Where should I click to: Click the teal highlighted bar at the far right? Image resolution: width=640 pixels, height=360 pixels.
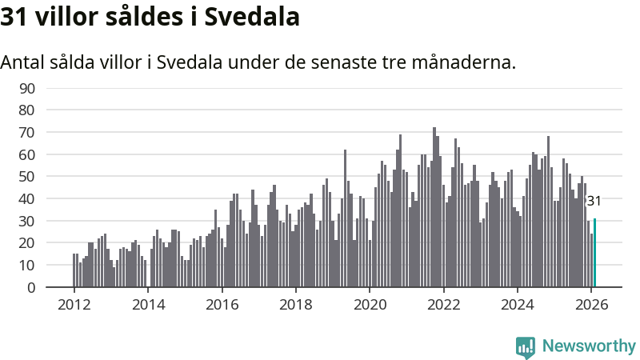coord(594,253)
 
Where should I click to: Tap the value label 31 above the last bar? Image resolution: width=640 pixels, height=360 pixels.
coord(594,202)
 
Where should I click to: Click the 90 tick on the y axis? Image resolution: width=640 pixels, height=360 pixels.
coord(26,88)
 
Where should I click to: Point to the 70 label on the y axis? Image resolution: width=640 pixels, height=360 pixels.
coord(26,132)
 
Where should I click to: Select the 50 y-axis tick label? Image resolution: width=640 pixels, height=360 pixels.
coord(26,176)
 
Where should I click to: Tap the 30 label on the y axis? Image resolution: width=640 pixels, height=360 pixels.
coord(26,221)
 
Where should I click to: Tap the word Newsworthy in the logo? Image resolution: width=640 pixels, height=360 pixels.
coord(589,346)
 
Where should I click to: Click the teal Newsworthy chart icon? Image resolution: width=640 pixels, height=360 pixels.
coord(526,346)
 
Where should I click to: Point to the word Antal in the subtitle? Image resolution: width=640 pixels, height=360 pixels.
coord(25,62)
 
